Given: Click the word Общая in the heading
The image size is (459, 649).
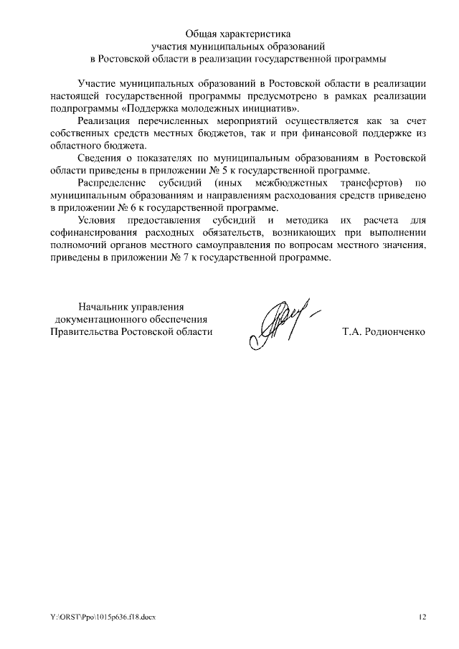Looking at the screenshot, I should (202, 33).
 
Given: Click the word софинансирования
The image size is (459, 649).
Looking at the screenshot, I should (93, 232).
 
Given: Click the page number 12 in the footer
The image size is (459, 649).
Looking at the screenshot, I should (422, 617).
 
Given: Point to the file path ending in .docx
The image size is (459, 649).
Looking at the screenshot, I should (103, 617).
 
